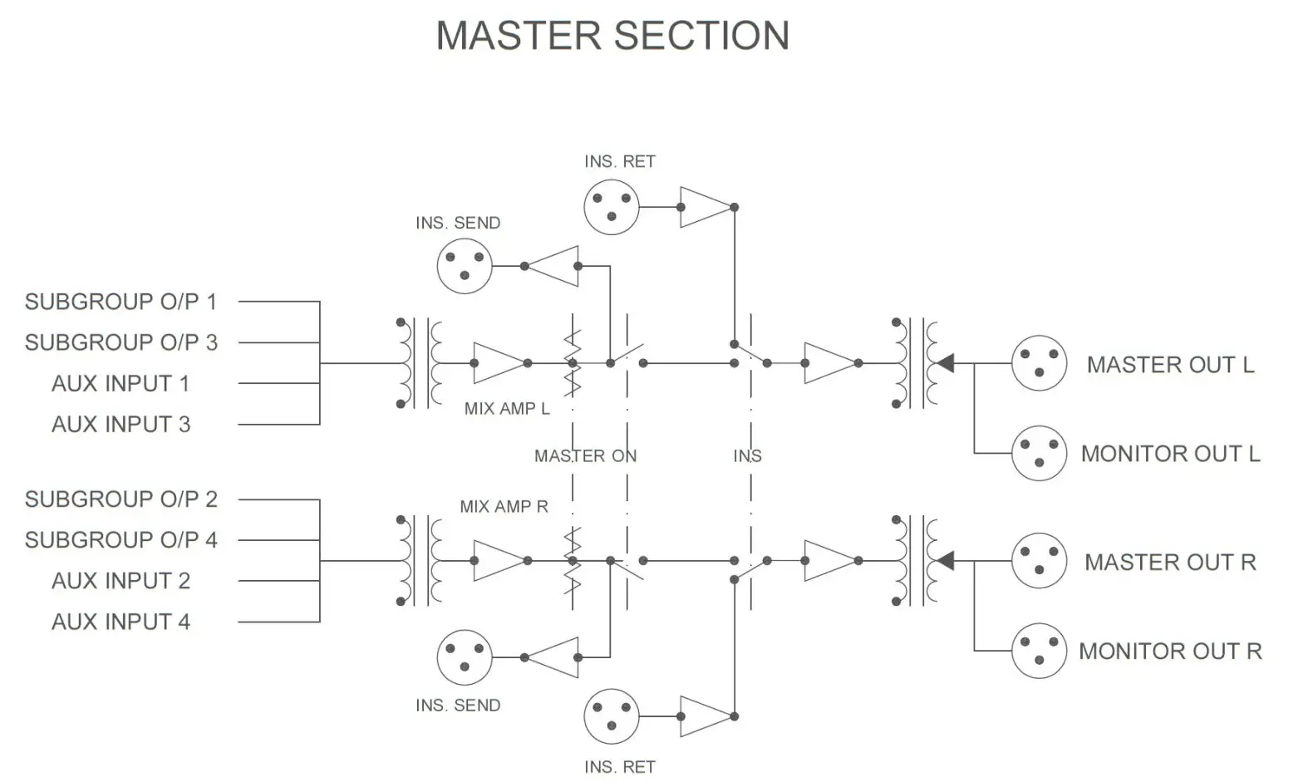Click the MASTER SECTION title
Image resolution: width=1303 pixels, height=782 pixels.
click(612, 36)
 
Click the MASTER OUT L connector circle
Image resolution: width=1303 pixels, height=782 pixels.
click(1038, 363)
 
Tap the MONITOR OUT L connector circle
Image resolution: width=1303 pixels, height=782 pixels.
click(1038, 454)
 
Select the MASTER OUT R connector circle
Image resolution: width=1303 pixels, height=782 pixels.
click(1038, 561)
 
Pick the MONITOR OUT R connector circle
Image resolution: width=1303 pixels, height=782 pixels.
click(1038, 651)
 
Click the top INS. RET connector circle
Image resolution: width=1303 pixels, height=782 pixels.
click(612, 207)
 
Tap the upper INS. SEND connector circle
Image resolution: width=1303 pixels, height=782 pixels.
click(465, 267)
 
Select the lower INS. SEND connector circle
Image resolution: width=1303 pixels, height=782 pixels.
click(465, 657)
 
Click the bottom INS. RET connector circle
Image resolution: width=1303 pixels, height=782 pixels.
click(612, 716)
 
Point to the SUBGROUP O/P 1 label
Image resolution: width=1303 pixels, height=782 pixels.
click(120, 302)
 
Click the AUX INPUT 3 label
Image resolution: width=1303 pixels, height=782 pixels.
click(120, 425)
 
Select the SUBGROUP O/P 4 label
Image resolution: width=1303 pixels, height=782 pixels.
click(120, 540)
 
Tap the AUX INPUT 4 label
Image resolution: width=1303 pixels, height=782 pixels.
click(120, 622)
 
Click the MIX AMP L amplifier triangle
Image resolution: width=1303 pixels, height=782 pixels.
click(499, 363)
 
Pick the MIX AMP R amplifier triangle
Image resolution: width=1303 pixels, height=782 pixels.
click(499, 561)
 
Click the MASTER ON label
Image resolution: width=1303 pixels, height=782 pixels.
click(585, 456)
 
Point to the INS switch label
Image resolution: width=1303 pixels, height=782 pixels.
click(747, 456)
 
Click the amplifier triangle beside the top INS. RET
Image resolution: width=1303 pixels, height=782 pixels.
click(706, 207)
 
